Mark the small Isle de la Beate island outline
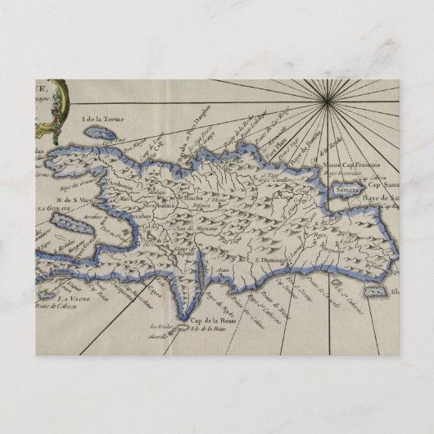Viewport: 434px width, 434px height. (187, 329)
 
